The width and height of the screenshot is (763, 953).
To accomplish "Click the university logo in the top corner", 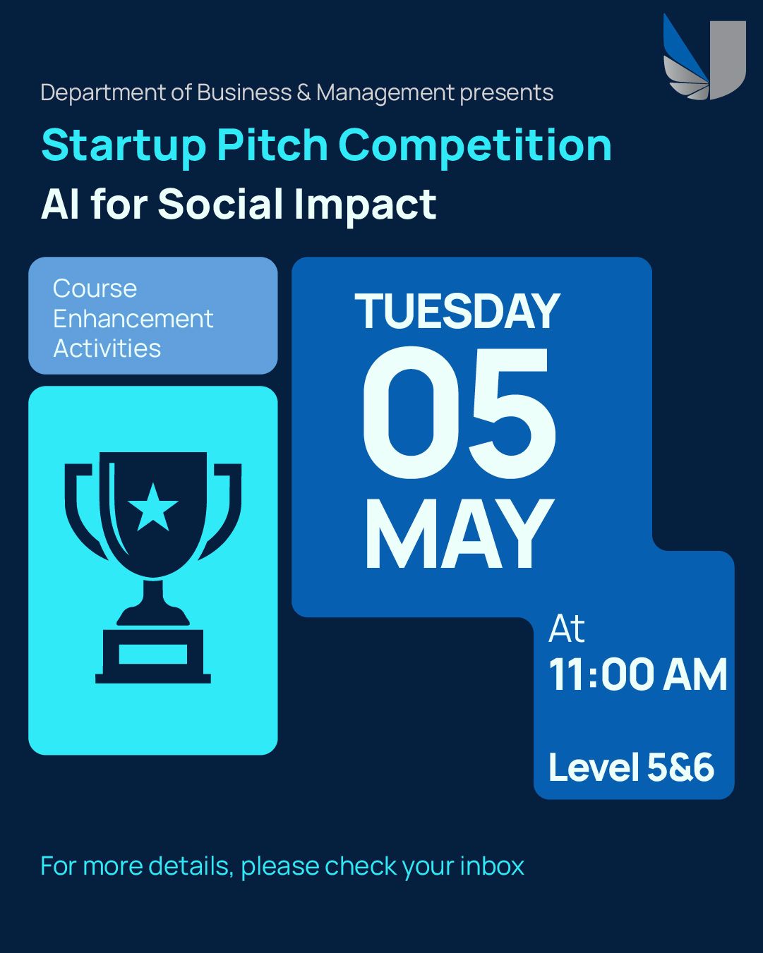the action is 704,56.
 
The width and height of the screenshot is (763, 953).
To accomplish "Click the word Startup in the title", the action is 124,147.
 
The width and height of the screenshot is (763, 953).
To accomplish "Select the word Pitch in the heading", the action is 272,145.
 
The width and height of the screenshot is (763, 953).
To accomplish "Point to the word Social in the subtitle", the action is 220,204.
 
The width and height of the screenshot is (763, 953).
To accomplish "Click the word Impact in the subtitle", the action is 366,207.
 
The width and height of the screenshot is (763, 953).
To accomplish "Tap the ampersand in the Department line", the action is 304,93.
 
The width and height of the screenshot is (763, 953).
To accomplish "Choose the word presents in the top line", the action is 507,95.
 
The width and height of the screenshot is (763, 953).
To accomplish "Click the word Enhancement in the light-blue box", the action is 133,318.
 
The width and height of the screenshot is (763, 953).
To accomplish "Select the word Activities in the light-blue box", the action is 107,348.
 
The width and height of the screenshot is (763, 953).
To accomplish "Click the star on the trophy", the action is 153,507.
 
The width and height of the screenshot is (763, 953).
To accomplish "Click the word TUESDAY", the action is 457,311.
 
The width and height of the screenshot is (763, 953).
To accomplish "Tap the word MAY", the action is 459,533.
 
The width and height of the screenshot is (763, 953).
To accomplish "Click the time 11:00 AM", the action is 638,674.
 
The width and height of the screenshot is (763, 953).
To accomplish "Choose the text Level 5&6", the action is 632,767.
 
